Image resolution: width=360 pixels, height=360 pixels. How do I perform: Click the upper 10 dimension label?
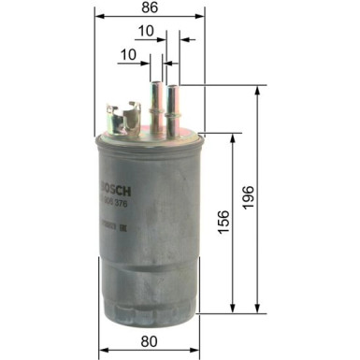point(144,32)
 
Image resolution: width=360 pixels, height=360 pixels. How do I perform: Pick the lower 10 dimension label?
point(128,56)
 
